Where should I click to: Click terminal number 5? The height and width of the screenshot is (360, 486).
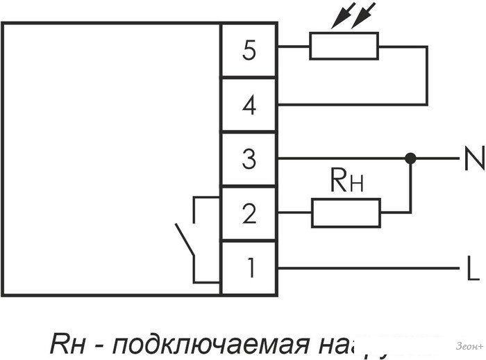point(249,51)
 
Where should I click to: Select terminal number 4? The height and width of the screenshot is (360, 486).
point(249,106)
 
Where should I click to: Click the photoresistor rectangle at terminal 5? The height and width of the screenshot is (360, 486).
point(344,47)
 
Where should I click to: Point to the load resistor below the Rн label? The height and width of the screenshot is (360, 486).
point(346,213)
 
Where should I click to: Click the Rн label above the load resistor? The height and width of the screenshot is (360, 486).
point(344,183)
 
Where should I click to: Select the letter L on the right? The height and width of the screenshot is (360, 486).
point(472,268)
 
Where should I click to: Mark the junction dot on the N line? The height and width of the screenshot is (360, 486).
point(410,159)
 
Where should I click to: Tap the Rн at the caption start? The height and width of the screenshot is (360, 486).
point(66,344)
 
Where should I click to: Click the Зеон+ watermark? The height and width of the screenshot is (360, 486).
point(468,345)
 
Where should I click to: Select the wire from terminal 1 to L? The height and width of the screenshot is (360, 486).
point(368,268)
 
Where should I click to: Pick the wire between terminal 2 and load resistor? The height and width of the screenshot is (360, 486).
point(294,213)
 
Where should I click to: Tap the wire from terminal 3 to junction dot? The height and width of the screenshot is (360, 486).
point(340,159)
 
